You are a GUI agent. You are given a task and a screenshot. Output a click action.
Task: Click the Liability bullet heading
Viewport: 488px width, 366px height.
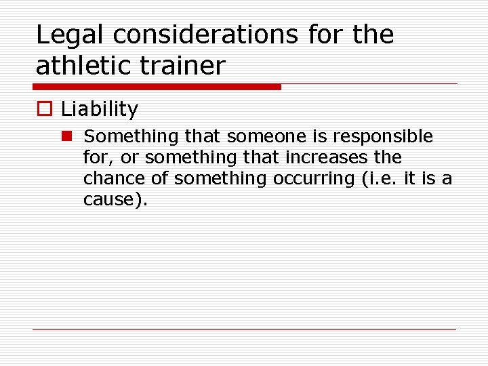(99, 109)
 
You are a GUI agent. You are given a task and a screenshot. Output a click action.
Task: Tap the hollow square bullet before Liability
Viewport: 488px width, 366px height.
(44, 109)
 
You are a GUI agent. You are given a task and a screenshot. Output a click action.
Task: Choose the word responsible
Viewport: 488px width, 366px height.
(382, 136)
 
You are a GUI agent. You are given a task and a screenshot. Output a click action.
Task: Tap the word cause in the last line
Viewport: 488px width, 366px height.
(108, 200)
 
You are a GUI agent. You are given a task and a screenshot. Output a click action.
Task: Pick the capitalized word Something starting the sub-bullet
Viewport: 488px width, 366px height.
(127, 136)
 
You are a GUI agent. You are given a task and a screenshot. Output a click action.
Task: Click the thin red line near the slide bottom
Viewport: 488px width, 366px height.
(244, 330)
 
